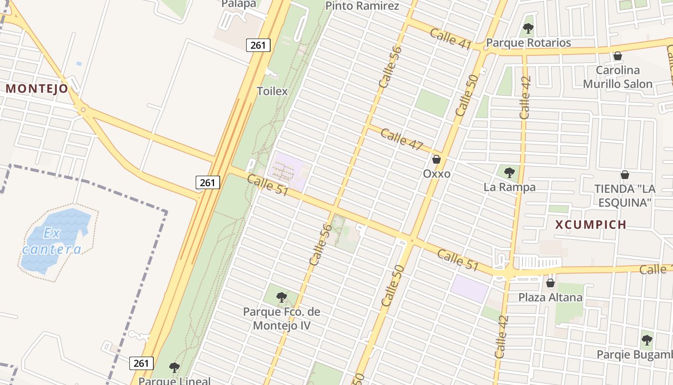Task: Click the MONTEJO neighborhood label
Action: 37,89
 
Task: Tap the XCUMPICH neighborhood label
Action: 591,224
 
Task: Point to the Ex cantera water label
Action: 51,242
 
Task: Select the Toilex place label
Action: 272,91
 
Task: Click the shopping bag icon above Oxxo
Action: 436,159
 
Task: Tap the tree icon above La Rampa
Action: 509,172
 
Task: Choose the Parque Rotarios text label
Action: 528,43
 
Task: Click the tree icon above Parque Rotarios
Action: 528,28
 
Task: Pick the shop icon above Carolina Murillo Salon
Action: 617,56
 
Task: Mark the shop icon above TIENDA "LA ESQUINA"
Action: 624,175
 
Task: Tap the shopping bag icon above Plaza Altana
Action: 550,283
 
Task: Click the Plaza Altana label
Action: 550,297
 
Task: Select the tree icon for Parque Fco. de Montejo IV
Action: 282,297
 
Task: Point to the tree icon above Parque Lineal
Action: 174,368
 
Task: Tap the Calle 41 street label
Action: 450,38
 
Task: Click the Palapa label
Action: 238,4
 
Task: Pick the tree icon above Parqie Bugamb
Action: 647,340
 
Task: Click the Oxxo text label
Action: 436,174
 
